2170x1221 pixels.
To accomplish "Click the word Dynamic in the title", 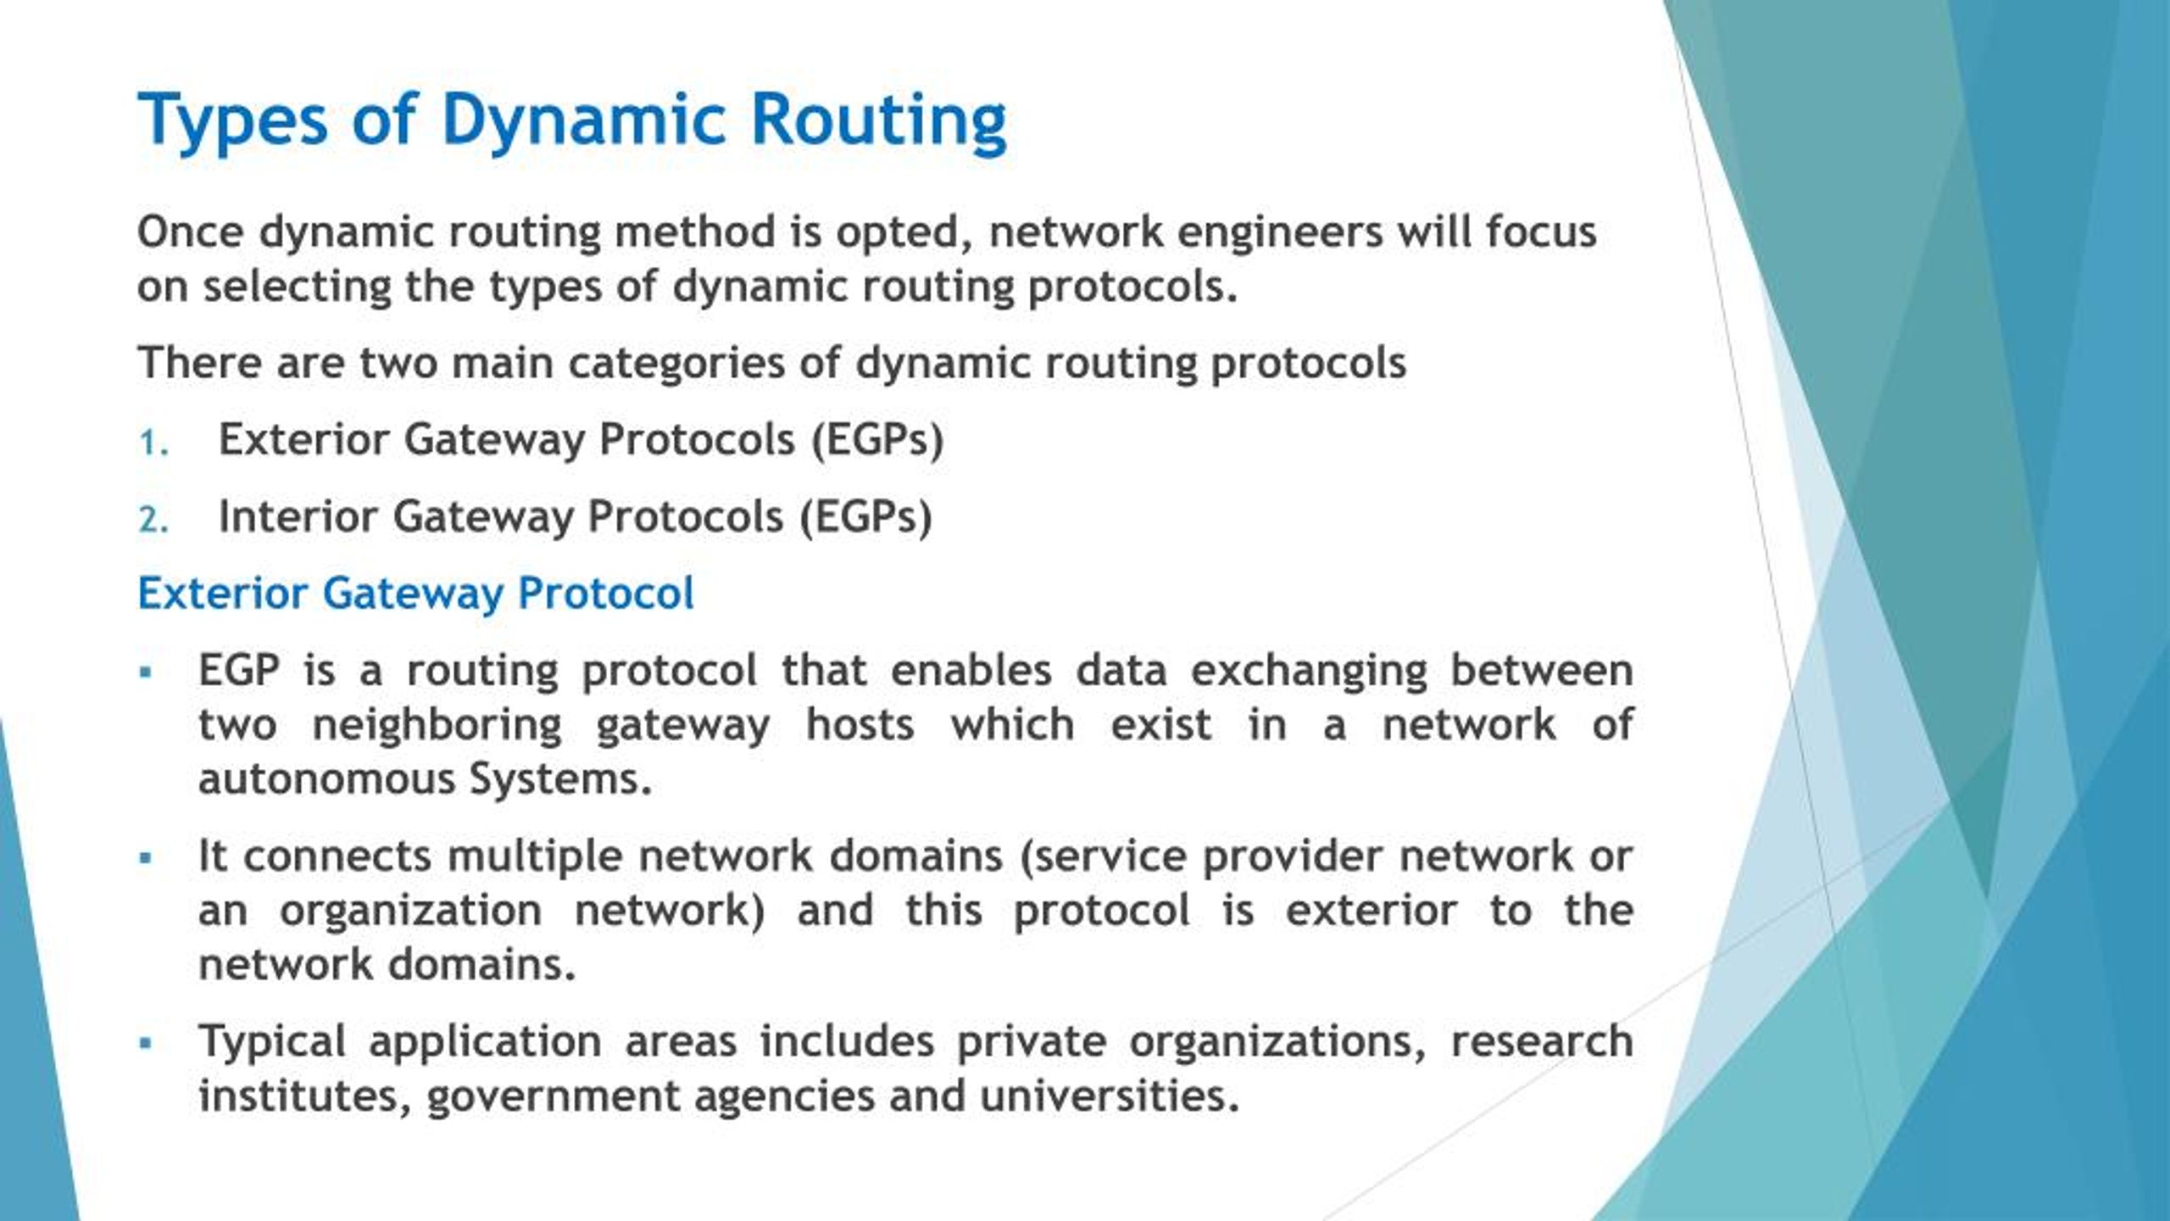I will click(x=582, y=120).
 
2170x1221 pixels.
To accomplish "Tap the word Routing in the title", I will click(x=878, y=120).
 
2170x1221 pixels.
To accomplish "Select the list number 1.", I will click(x=153, y=443).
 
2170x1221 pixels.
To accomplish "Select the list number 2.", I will click(x=153, y=520).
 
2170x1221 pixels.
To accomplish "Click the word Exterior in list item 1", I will click(x=302, y=439).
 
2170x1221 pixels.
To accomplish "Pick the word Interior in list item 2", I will click(x=297, y=516).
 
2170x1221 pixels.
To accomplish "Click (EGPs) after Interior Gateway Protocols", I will click(x=865, y=516).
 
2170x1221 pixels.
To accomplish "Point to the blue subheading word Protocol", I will click(x=605, y=593).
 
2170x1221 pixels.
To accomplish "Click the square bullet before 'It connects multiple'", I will click(x=147, y=858).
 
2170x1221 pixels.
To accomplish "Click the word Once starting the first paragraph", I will click(x=191, y=231).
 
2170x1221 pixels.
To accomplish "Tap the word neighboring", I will click(x=437, y=726).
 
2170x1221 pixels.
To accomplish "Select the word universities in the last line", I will click(x=1110, y=1096).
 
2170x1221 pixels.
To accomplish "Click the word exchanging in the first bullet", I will click(x=1309, y=672).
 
